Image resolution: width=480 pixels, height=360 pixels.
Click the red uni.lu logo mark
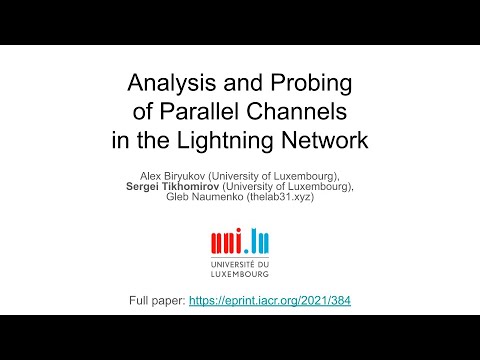coord(240,240)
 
